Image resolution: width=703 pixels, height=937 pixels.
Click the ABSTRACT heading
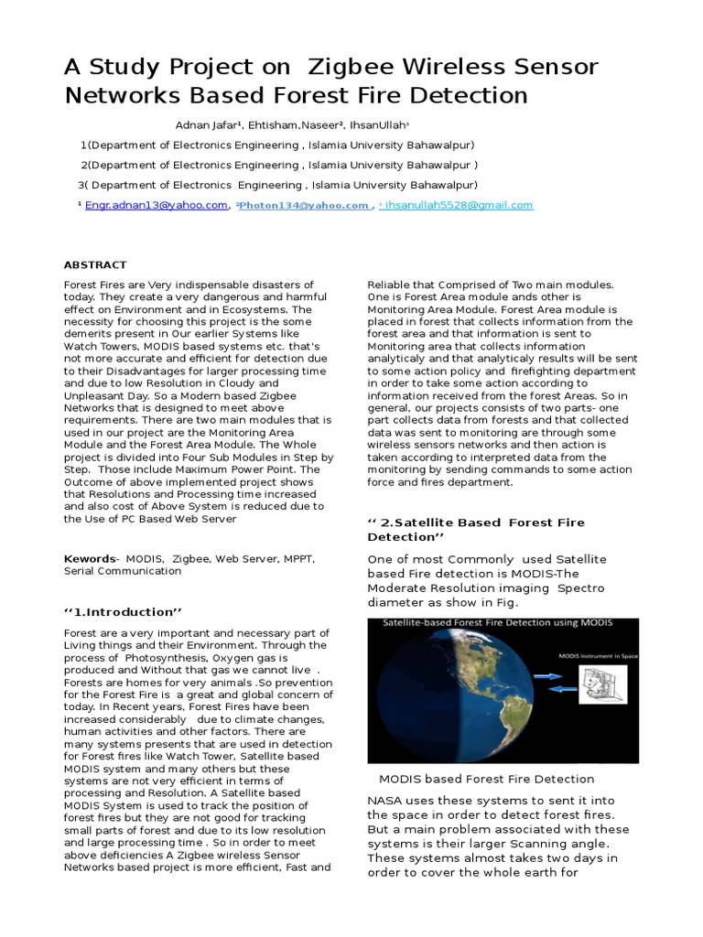pyautogui.click(x=95, y=264)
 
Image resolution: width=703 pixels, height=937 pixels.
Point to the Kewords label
pyautogui.click(x=90, y=557)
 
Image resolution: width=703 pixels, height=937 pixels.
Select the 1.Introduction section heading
pyautogui.click(x=119, y=611)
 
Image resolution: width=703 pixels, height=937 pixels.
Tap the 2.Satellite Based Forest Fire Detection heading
pyautogui.click(x=475, y=529)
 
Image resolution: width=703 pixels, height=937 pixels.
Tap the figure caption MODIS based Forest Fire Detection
pyautogui.click(x=486, y=779)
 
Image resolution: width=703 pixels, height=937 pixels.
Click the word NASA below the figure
pyautogui.click(x=384, y=800)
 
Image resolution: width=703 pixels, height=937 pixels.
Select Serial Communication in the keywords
pyautogui.click(x=122, y=570)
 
